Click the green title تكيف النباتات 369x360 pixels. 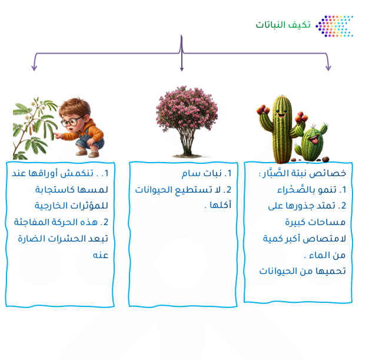[283, 25]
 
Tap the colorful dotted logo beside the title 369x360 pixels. [334, 26]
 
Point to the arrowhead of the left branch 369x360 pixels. [34, 68]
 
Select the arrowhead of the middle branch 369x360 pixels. [182, 68]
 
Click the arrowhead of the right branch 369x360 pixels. [328, 68]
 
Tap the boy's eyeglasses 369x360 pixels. [71, 122]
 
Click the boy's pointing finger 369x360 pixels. [56, 134]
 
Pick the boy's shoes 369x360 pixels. [87, 153]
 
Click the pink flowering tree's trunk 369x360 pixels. [187, 143]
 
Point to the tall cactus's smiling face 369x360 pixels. [281, 114]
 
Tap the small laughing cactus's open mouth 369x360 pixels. [314, 140]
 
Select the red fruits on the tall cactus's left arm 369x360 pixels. [263, 110]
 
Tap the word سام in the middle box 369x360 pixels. [191, 173]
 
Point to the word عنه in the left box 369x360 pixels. [101, 255]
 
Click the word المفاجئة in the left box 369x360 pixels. [28, 222]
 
